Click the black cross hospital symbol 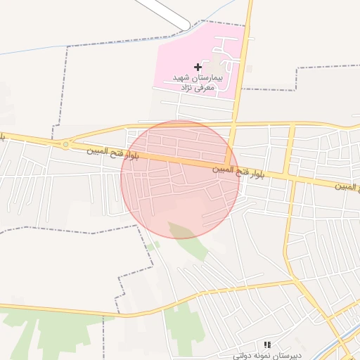pyautogui.click(x=197, y=67)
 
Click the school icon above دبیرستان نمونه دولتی pyautogui.click(x=266, y=345)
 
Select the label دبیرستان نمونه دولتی pyautogui.click(x=268, y=355)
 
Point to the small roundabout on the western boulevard pyautogui.click(x=65, y=144)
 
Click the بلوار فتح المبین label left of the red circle pyautogui.click(x=112, y=152)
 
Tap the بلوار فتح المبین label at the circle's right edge pyautogui.click(x=239, y=170)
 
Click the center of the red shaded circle pyautogui.click(x=180, y=179)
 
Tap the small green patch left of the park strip pyautogui.click(x=151, y=246)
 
